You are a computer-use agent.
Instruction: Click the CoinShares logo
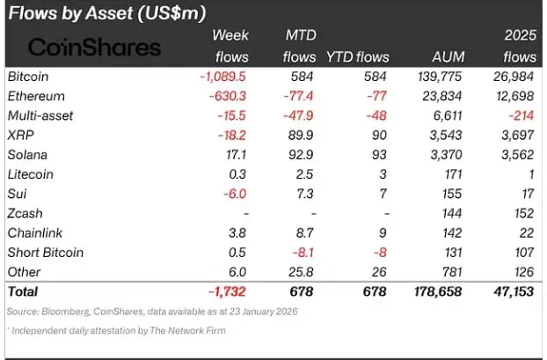click(x=96, y=48)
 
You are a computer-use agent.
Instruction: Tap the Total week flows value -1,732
click(x=229, y=291)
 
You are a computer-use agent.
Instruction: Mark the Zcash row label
click(x=26, y=214)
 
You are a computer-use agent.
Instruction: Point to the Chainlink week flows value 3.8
click(x=237, y=233)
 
